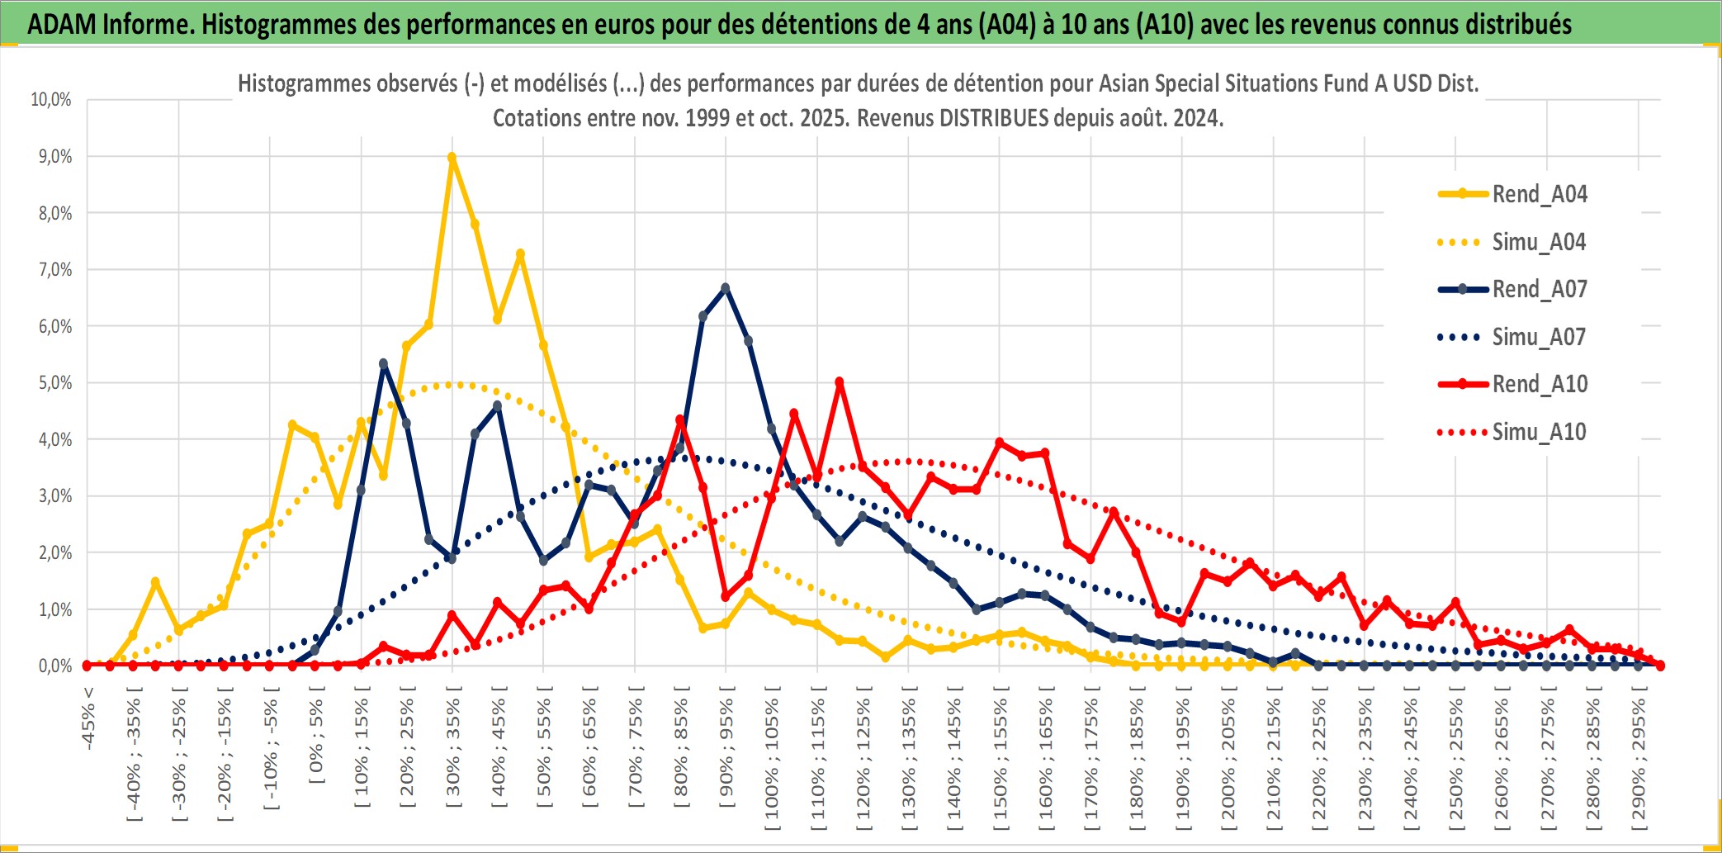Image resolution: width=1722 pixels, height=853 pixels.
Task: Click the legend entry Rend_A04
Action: [1539, 194]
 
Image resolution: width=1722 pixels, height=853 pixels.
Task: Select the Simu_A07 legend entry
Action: [1539, 337]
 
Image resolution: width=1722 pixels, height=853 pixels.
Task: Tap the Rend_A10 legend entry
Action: [1539, 384]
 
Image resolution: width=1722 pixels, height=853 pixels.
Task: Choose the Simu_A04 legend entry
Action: [1539, 242]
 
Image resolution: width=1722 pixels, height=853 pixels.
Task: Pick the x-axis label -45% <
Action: [88, 718]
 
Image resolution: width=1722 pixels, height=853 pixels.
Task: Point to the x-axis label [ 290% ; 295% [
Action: [1639, 760]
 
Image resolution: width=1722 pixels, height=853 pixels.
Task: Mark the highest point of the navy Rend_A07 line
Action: [726, 288]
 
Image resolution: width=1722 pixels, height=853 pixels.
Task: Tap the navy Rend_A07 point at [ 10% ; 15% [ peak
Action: [384, 363]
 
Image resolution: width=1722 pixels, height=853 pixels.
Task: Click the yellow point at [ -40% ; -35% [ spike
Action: [155, 582]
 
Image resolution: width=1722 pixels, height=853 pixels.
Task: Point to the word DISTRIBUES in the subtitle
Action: [999, 118]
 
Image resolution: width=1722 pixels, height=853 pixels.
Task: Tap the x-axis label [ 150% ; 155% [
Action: [1000, 760]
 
